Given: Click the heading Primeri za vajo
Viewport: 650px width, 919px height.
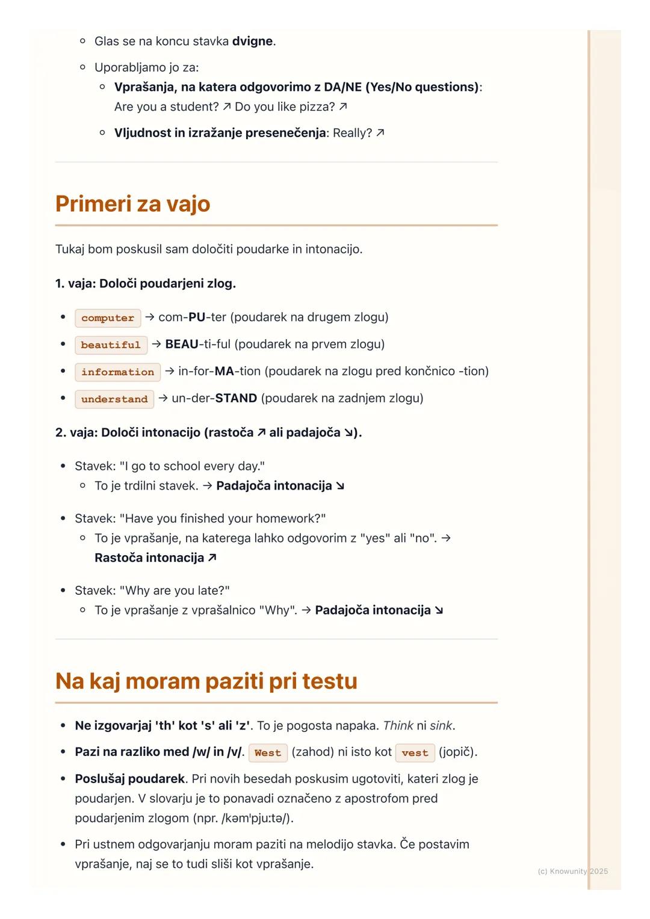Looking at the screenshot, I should pyautogui.click(x=132, y=204).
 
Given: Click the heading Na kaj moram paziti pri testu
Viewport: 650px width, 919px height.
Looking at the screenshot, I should pyautogui.click(x=206, y=681).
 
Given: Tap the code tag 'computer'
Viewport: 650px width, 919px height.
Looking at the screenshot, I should pyautogui.click(x=108, y=318).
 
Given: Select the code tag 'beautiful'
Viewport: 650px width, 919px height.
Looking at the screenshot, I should pyautogui.click(x=111, y=345).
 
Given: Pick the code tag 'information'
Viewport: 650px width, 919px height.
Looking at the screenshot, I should pyautogui.click(x=117, y=372).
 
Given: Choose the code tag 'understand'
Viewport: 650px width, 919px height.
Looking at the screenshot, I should pyautogui.click(x=114, y=399).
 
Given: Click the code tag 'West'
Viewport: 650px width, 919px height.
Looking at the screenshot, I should pyautogui.click(x=268, y=752).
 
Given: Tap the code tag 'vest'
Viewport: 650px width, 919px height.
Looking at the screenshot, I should pyautogui.click(x=415, y=752).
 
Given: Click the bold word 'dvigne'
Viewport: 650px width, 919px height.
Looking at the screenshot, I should pyautogui.click(x=253, y=41).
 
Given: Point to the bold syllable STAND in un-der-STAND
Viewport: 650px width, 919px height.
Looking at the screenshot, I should pyautogui.click(x=236, y=398).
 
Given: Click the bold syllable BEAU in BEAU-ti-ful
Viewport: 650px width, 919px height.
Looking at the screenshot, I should pyautogui.click(x=182, y=344).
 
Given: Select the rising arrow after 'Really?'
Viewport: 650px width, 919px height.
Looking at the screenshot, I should pyautogui.click(x=380, y=133).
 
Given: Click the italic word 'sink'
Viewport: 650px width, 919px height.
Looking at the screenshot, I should pyautogui.click(x=441, y=725).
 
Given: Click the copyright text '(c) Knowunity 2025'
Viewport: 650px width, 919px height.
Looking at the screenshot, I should pyautogui.click(x=572, y=871).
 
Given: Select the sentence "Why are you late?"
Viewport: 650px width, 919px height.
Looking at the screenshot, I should pyautogui.click(x=175, y=591).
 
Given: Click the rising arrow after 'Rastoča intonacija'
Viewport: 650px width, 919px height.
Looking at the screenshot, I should pyautogui.click(x=212, y=558).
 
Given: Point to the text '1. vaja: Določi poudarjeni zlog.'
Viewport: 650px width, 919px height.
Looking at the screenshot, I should pyautogui.click(x=146, y=283).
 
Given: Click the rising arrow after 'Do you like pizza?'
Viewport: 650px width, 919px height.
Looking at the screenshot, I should pyautogui.click(x=343, y=107).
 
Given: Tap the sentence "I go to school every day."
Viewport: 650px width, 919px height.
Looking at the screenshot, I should pyautogui.click(x=192, y=466).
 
